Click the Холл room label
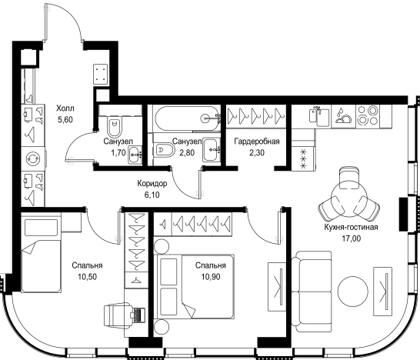[x=65, y=108]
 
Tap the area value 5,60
[x=65, y=120]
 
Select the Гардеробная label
[x=257, y=142]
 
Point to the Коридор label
[x=152, y=184]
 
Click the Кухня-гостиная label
[x=351, y=227]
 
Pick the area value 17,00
[x=351, y=238]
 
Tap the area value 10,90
[x=211, y=276]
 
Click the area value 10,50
[x=88, y=276]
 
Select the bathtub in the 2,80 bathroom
[x=186, y=118]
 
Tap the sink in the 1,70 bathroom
[x=135, y=155]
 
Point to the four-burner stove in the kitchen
[x=368, y=115]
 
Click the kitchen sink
[x=319, y=116]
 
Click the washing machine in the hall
[x=33, y=158]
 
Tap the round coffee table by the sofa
[x=353, y=292]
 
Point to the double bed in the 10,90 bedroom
[x=195, y=286]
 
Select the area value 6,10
[x=152, y=195]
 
